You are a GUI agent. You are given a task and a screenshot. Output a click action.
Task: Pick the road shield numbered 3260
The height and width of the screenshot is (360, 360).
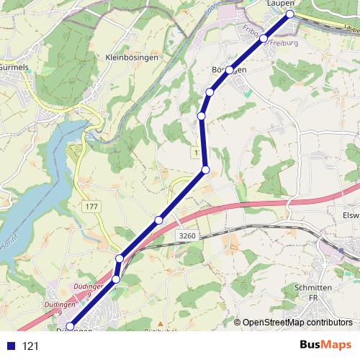(x=186, y=236)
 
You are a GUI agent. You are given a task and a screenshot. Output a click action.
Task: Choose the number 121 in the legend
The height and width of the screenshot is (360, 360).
(x=30, y=346)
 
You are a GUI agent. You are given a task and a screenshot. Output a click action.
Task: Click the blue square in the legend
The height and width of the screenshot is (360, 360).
(x=10, y=346)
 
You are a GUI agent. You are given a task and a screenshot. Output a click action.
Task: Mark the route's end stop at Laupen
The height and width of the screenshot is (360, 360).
(x=290, y=14)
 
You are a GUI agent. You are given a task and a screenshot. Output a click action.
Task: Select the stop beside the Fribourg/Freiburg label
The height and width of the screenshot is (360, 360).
(x=264, y=38)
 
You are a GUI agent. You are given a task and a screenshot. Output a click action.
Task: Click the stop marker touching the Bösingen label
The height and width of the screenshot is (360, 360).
(x=229, y=70)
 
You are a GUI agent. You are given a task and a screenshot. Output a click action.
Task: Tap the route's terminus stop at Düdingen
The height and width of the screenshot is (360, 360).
(x=69, y=326)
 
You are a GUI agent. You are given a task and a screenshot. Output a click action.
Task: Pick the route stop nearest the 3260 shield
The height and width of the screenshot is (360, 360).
(x=158, y=220)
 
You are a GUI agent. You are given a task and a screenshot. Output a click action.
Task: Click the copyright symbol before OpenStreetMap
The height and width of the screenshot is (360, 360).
(x=238, y=323)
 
